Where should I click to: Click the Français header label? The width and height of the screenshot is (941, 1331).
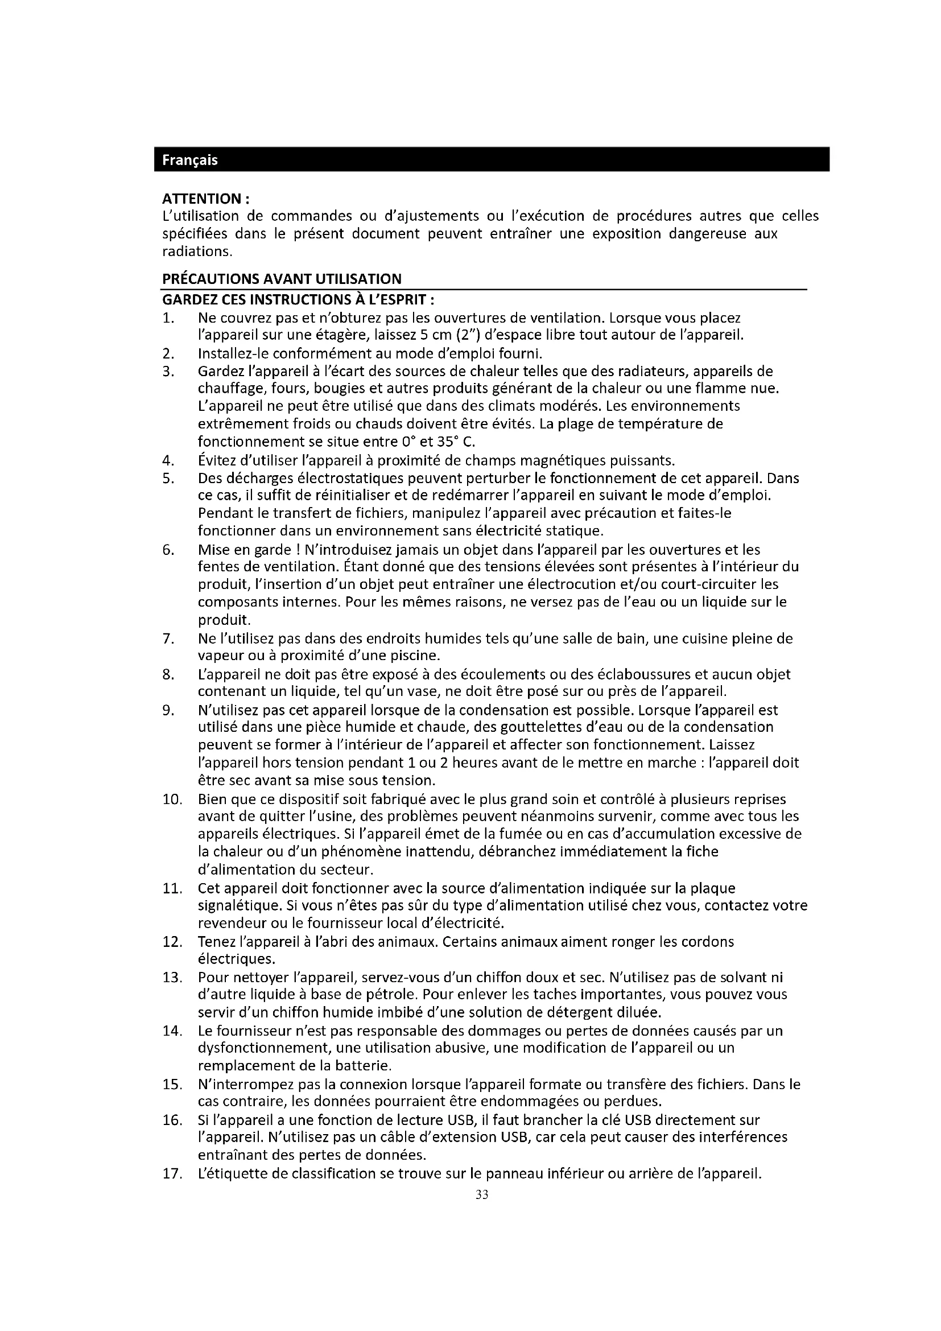tap(189, 160)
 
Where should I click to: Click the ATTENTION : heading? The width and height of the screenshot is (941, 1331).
tap(206, 199)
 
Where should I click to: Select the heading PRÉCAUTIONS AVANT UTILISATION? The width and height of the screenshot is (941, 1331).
tap(281, 279)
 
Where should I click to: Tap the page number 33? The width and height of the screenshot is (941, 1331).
tap(481, 1195)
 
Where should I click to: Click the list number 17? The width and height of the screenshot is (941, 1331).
tap(172, 1175)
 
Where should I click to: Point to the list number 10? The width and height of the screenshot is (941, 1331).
tap(172, 800)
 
